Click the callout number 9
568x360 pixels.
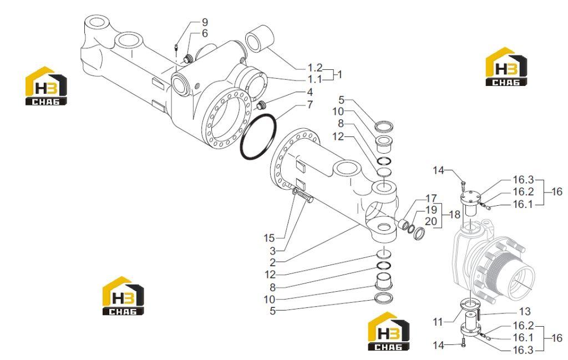coord(205,22)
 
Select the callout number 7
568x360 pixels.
coord(310,105)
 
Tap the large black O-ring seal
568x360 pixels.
coord(258,136)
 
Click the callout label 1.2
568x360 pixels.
coord(315,68)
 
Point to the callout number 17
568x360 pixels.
coord(431,199)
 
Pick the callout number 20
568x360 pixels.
coord(431,221)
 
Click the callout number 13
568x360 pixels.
coord(525,311)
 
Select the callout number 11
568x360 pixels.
coord(438,322)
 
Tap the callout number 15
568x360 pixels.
coord(269,239)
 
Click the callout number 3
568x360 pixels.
coord(272,251)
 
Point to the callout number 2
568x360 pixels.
coord(272,262)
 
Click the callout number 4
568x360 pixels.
coord(310,92)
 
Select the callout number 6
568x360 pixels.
coord(205,33)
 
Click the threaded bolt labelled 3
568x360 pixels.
coord(305,197)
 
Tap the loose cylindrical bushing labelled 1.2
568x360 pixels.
coord(259,39)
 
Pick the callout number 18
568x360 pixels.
coord(454,215)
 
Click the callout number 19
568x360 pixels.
coord(431,210)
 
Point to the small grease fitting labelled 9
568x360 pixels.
coord(176,47)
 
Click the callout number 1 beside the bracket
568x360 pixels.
coord(339,75)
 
